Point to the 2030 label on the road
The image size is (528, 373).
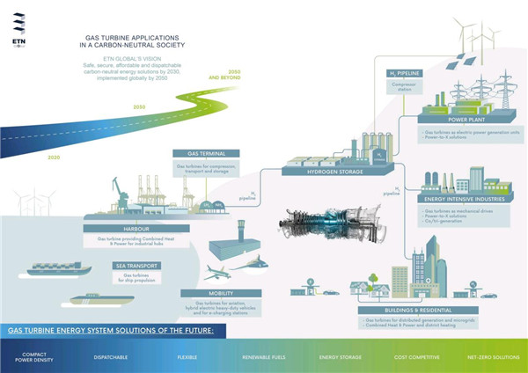[137, 106]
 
